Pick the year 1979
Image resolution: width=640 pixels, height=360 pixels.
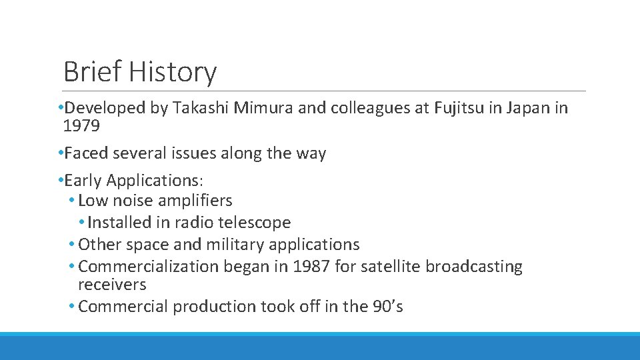coord(81,125)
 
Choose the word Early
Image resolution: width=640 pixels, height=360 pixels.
coord(83,180)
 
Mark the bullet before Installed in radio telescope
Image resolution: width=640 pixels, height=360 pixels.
coord(82,223)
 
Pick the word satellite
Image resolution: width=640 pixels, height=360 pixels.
coord(391,267)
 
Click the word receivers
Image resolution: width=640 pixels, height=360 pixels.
coord(111,285)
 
